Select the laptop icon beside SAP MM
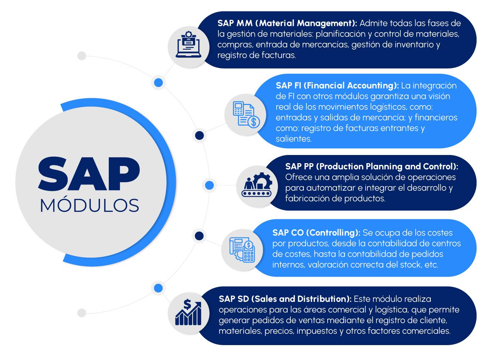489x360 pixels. pos(189,46)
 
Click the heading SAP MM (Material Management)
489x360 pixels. pos(287,23)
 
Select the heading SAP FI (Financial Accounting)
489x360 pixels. pos(337,85)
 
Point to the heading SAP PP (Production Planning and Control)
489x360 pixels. pos(372,166)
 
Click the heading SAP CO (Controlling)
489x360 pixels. pos(316,233)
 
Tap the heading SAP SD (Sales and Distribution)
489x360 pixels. pos(285,299)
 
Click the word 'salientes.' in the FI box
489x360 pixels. pos(294,139)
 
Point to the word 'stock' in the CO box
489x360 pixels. pos(410,265)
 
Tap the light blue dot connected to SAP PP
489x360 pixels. pos(209,185)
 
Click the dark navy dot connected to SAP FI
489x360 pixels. pos(199,135)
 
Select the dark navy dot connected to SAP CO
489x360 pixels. pos(199,236)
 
